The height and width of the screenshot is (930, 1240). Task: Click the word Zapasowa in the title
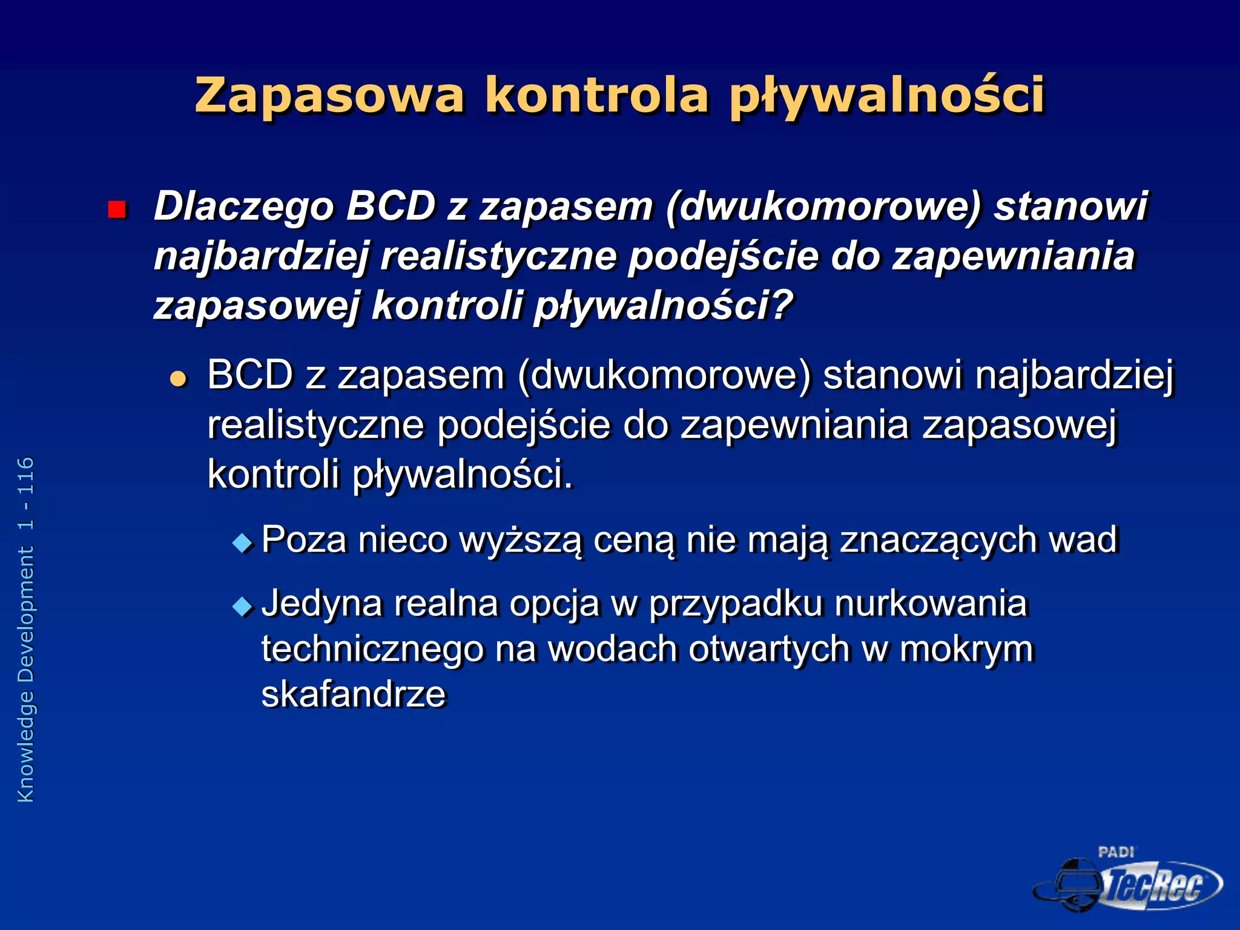pos(329,96)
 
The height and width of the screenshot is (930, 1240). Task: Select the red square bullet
pos(116,209)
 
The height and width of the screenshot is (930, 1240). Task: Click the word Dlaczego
pos(243,206)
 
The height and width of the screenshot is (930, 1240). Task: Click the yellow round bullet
pos(178,380)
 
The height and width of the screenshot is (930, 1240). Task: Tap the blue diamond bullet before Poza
pos(243,542)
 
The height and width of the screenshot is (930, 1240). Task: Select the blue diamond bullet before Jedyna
pos(243,606)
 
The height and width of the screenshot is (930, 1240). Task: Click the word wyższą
pos(521,540)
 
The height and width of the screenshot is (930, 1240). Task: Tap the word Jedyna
pos(322,604)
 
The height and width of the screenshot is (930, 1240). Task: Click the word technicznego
pos(372,650)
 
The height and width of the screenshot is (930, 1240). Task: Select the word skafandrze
pos(354,694)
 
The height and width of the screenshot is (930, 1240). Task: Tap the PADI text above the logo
pos(1116,852)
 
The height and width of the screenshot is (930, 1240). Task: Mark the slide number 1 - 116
pos(26,493)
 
